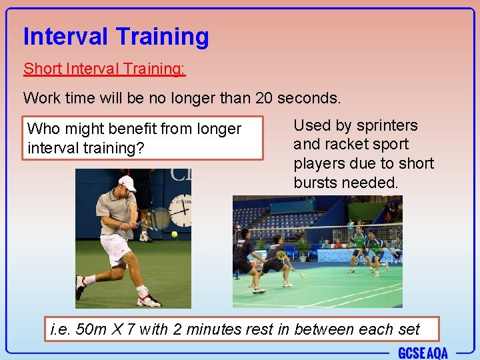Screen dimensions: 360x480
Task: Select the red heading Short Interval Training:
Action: [x=105, y=69]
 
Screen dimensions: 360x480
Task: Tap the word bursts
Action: [x=316, y=182]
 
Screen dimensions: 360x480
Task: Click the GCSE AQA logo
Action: [x=423, y=352]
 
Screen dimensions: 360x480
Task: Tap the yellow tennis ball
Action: [x=174, y=234]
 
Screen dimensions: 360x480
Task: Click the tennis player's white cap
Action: [x=126, y=183]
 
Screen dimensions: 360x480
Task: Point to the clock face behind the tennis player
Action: [x=181, y=211]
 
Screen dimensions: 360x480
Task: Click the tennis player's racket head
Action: [x=159, y=219]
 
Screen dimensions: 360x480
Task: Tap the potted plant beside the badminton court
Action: [x=305, y=248]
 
